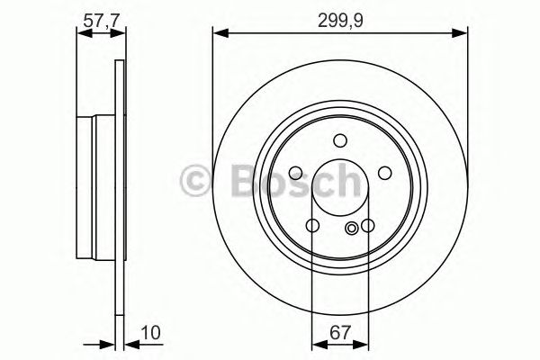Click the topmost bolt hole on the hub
[339, 140]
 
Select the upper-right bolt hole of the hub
[383, 173]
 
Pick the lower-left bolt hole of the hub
[312, 225]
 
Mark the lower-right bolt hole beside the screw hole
[366, 225]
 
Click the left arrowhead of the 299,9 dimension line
[218, 33]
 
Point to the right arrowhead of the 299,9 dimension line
[463, 33]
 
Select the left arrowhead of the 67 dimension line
[316, 344]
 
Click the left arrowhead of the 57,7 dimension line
[82, 33]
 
